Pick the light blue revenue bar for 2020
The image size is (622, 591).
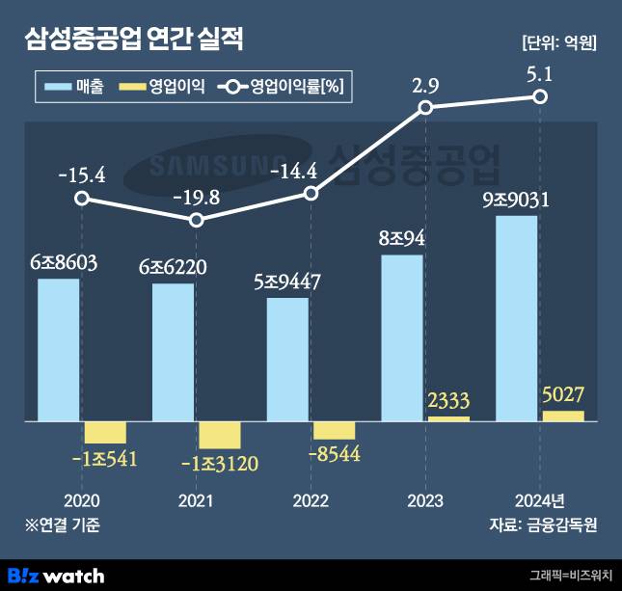[x=59, y=350]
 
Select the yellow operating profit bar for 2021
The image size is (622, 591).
[x=219, y=435]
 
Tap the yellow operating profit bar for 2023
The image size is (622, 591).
[x=448, y=418]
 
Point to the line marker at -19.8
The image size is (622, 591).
[x=197, y=220]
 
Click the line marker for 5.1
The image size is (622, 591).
[x=541, y=96]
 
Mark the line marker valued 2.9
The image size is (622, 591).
[x=425, y=108]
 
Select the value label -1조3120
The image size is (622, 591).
[x=219, y=464]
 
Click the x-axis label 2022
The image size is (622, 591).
[x=311, y=500]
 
